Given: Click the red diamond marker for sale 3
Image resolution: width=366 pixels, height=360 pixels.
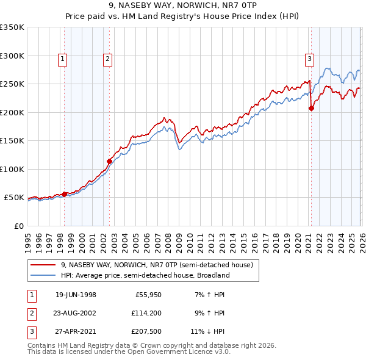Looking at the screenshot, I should [311, 109].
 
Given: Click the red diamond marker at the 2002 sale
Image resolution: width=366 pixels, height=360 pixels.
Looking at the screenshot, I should [110, 162].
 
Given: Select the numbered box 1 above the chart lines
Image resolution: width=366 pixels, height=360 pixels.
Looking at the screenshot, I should [63, 59].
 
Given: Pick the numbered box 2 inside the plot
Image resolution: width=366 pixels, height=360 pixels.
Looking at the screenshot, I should [107, 59].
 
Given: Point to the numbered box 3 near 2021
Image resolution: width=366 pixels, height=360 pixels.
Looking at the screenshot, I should [309, 59].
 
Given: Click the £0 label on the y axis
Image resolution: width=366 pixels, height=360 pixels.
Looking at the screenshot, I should [18, 226].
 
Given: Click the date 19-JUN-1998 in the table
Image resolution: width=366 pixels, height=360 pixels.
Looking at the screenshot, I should [76, 295].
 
